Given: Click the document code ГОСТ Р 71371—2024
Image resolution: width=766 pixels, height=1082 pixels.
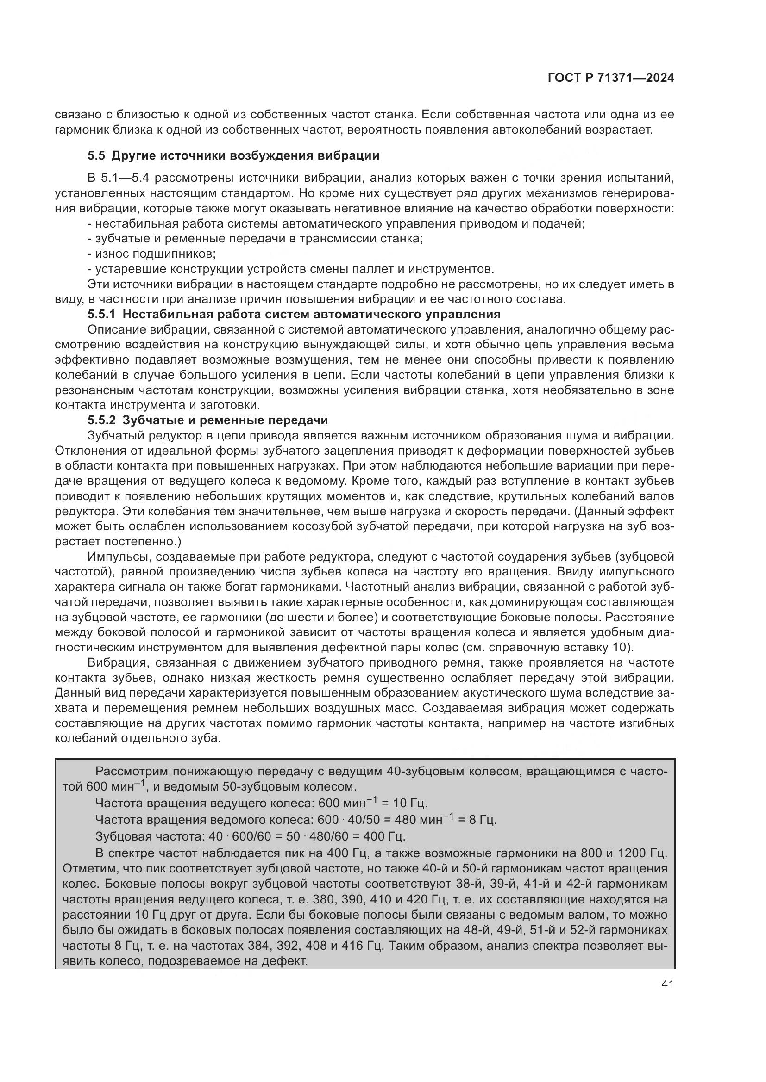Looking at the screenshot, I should pos(610,78).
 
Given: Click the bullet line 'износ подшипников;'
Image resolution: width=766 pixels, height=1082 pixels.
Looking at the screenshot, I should pos(151,254).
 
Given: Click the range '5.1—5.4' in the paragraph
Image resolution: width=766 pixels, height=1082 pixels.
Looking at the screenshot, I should pos(125,178).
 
